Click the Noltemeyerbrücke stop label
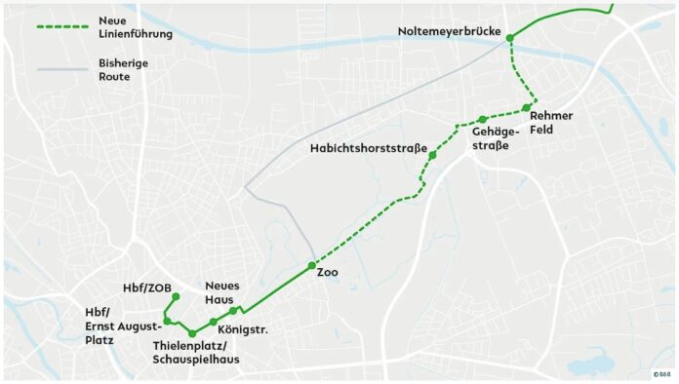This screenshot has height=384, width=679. pyautogui.click(x=450, y=32)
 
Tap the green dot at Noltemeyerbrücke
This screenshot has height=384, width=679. pyautogui.click(x=509, y=37)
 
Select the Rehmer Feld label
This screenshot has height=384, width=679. pyautogui.click(x=551, y=122)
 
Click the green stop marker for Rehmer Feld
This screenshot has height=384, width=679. pyautogui.click(x=527, y=106)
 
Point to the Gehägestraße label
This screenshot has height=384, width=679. pyautogui.click(x=491, y=137)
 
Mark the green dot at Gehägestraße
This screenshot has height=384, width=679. pyautogui.click(x=482, y=120)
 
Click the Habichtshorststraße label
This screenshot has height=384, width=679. pyautogui.click(x=369, y=148)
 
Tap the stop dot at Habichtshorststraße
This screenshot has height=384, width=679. pyautogui.click(x=432, y=155)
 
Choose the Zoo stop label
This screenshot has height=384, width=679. pyautogui.click(x=327, y=273)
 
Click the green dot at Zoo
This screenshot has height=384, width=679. pyautogui.click(x=311, y=266)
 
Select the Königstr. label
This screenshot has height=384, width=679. pyautogui.click(x=243, y=330)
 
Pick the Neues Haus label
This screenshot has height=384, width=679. pyautogui.click(x=222, y=292)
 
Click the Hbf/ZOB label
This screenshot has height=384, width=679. pyautogui.click(x=144, y=288)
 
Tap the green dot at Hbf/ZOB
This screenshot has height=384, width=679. pyautogui.click(x=176, y=297)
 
